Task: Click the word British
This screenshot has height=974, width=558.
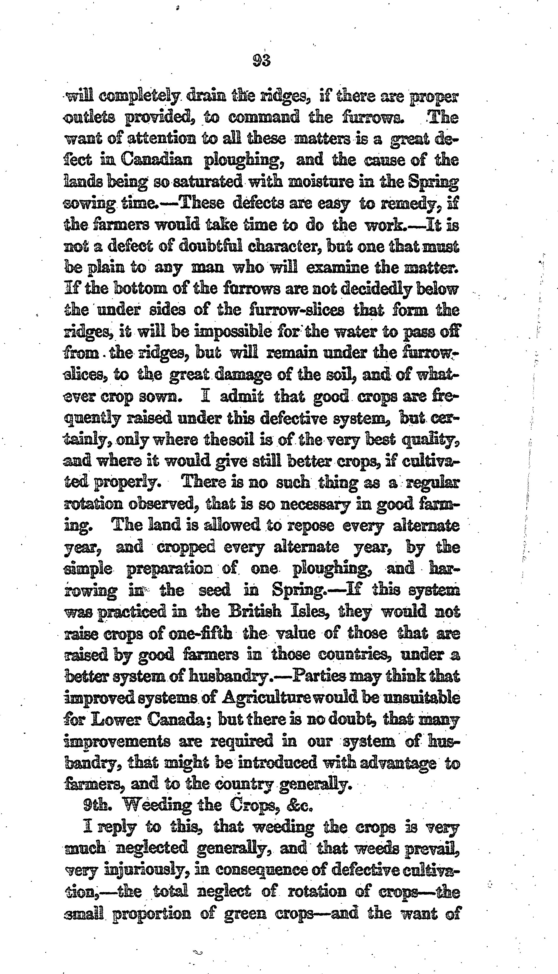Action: [x=256, y=611]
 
